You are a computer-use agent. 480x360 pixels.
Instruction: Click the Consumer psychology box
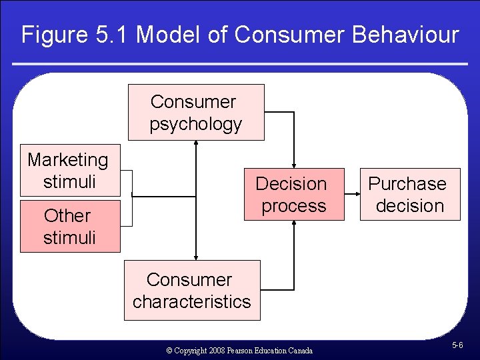(196, 112)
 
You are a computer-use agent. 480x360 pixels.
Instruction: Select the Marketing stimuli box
(69, 171)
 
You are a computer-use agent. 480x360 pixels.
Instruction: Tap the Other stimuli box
(69, 227)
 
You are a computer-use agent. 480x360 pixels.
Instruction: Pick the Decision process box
(293, 195)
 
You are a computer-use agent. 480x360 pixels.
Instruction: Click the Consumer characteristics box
(192, 291)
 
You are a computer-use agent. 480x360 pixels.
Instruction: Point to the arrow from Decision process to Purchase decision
(351, 194)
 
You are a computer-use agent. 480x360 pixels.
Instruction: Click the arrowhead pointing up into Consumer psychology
(196, 144)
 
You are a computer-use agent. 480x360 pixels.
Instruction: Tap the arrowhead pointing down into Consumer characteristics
(196, 256)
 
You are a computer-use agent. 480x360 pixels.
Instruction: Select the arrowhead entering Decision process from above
(293, 164)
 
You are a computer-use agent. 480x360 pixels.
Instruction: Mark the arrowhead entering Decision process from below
(293, 225)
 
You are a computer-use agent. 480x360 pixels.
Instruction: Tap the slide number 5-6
(457, 345)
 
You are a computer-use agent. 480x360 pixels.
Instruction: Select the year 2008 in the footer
(215, 350)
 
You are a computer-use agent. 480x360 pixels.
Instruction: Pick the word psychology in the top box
(195, 124)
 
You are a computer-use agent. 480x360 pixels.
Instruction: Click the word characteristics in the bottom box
(192, 301)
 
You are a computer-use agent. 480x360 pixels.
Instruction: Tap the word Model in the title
(168, 35)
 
